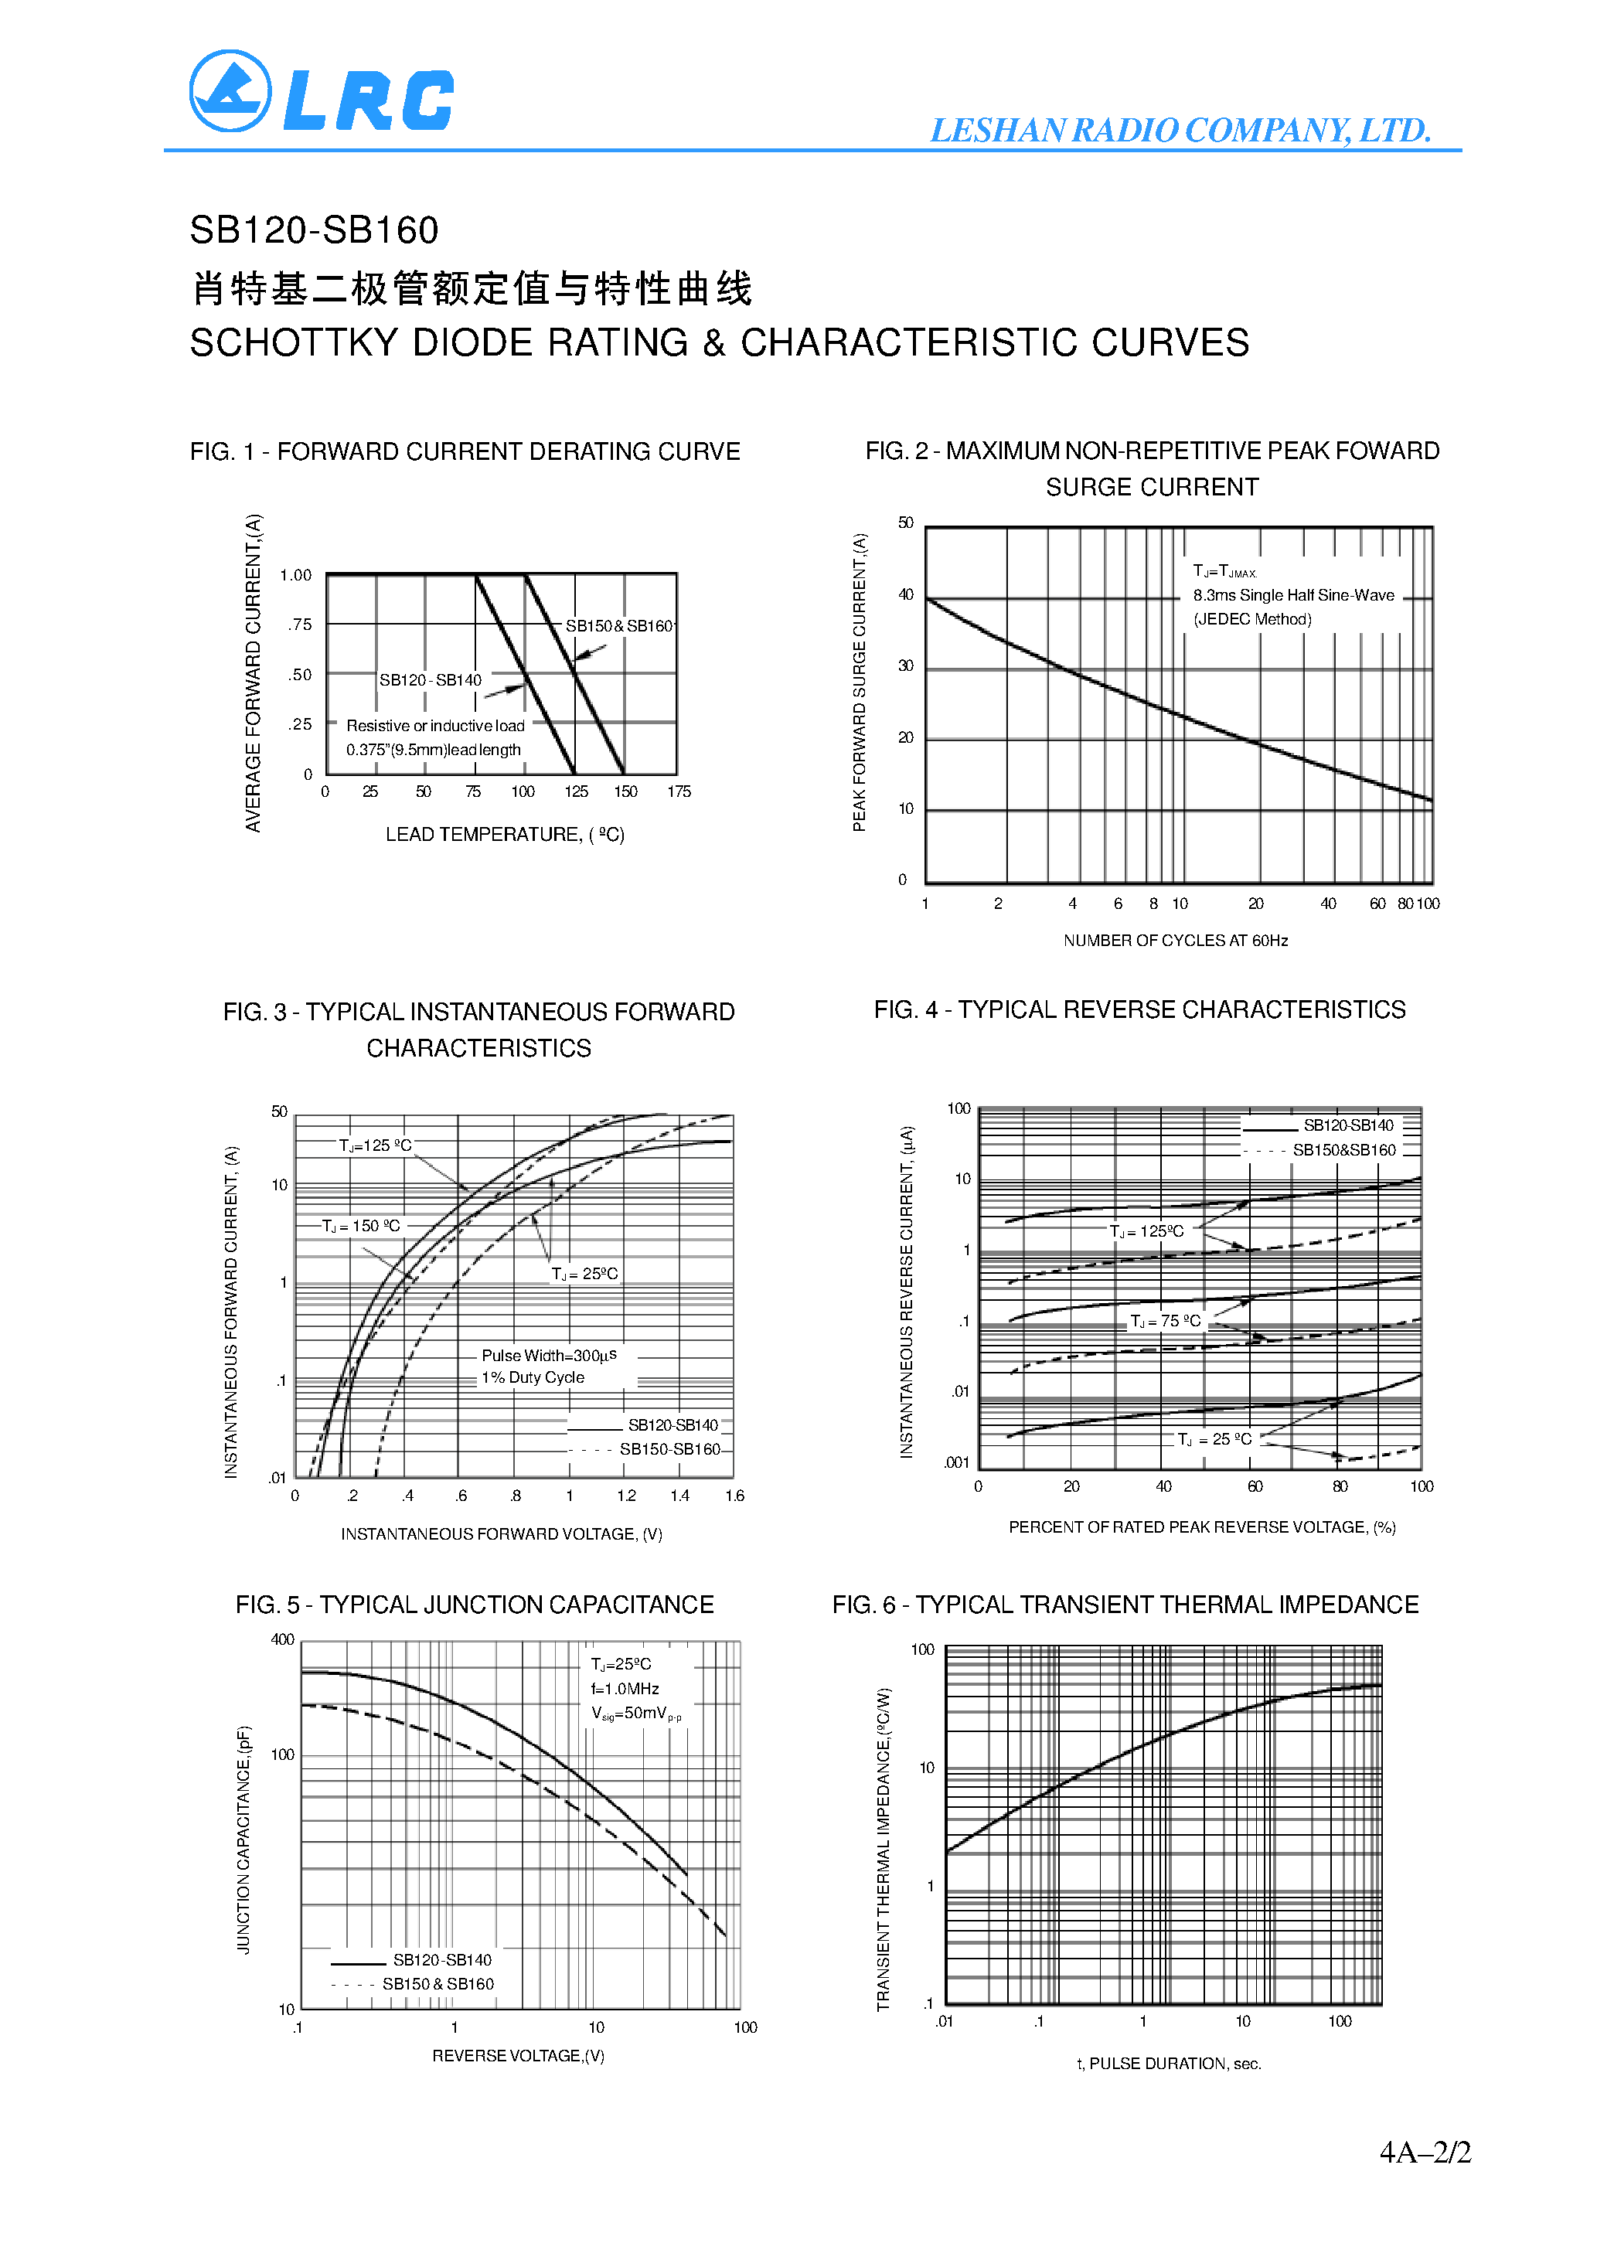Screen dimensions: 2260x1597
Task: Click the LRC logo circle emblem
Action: click(x=230, y=90)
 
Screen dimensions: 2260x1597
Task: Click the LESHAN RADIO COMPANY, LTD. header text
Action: click(x=1180, y=130)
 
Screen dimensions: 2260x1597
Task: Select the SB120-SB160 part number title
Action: click(x=314, y=230)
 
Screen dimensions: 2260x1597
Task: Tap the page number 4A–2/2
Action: click(x=1424, y=2152)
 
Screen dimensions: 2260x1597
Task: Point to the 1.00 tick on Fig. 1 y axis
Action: click(x=295, y=575)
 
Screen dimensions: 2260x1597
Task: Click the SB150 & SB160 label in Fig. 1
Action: click(x=618, y=626)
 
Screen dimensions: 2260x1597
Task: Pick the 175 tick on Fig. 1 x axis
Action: click(x=679, y=791)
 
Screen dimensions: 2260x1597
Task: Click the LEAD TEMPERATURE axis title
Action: click(x=504, y=835)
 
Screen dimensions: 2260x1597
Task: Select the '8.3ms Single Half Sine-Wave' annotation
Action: click(x=1292, y=595)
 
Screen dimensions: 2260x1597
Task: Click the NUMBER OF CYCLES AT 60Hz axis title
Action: click(x=1175, y=941)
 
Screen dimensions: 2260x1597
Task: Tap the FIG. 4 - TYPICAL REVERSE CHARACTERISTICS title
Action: click(x=1139, y=1010)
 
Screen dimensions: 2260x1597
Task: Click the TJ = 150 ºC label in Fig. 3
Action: click(x=363, y=1227)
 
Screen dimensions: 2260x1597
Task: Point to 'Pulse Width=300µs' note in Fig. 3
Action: click(x=548, y=1356)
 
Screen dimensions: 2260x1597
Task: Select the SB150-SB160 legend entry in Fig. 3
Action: click(x=669, y=1449)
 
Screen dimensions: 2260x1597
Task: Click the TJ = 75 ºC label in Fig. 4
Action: click(x=1165, y=1321)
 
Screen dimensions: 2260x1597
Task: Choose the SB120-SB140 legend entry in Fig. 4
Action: click(x=1348, y=1125)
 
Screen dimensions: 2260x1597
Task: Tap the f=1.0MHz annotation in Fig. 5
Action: click(x=625, y=1688)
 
